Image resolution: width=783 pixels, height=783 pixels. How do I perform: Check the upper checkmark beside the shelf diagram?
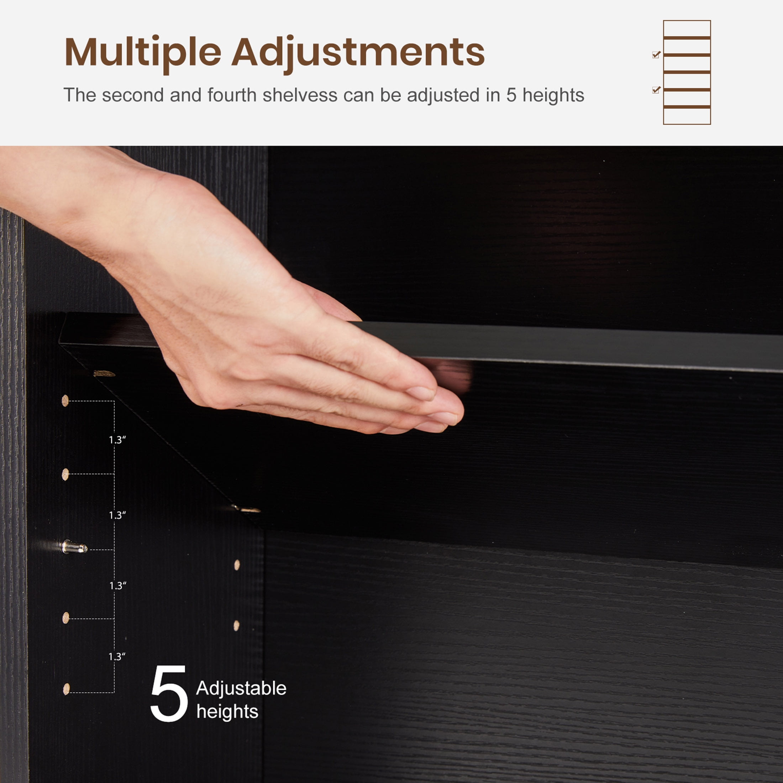pos(657,54)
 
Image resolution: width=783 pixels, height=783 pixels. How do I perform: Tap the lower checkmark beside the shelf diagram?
pos(657,90)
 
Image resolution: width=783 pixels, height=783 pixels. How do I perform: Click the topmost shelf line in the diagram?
pos(687,38)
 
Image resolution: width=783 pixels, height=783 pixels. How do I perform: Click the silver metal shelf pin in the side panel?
pos(74,547)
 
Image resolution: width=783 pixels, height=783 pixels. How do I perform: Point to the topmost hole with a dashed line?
pos(65,401)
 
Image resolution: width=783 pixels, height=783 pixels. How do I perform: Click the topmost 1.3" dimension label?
pos(117,440)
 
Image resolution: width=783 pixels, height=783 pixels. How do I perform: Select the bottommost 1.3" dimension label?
pos(117,657)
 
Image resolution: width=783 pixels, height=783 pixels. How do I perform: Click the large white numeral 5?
pos(169,693)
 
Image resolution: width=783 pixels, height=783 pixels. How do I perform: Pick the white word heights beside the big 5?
pos(227,712)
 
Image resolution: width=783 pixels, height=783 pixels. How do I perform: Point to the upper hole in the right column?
pos(237,565)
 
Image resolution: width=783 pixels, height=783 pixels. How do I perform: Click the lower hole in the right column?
pos(237,625)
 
